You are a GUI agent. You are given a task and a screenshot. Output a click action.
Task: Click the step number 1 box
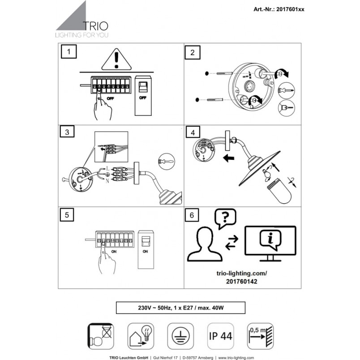point(69,52)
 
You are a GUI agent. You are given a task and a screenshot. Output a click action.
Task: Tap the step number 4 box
point(193,133)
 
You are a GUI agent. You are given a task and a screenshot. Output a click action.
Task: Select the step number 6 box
point(192,215)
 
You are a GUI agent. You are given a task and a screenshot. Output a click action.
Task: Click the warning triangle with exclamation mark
point(116,59)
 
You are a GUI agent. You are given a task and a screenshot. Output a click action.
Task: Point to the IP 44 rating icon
point(220,336)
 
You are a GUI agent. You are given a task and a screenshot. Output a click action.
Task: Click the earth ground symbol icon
point(180,336)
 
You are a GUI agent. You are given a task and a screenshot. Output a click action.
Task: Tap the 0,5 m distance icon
point(260,336)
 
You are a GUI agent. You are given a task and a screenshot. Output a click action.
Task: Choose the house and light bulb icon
point(141,336)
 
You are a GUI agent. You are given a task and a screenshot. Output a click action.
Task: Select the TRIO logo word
point(95,26)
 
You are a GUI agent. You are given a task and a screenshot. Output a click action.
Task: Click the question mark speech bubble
point(225,219)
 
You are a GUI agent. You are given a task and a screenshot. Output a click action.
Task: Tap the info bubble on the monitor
point(270,240)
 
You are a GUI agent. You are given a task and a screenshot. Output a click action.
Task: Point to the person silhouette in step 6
point(205,244)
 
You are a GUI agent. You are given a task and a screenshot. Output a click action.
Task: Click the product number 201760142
point(241,282)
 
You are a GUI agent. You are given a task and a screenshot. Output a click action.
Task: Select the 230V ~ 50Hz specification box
point(181,308)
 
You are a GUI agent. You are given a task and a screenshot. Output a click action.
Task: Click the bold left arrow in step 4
point(228,158)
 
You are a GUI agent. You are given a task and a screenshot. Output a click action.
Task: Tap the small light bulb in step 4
point(266,173)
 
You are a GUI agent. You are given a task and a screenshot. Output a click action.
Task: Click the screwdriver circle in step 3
point(167,162)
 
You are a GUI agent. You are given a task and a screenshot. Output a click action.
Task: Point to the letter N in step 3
point(107,181)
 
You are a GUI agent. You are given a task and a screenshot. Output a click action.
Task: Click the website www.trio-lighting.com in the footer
point(236,358)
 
